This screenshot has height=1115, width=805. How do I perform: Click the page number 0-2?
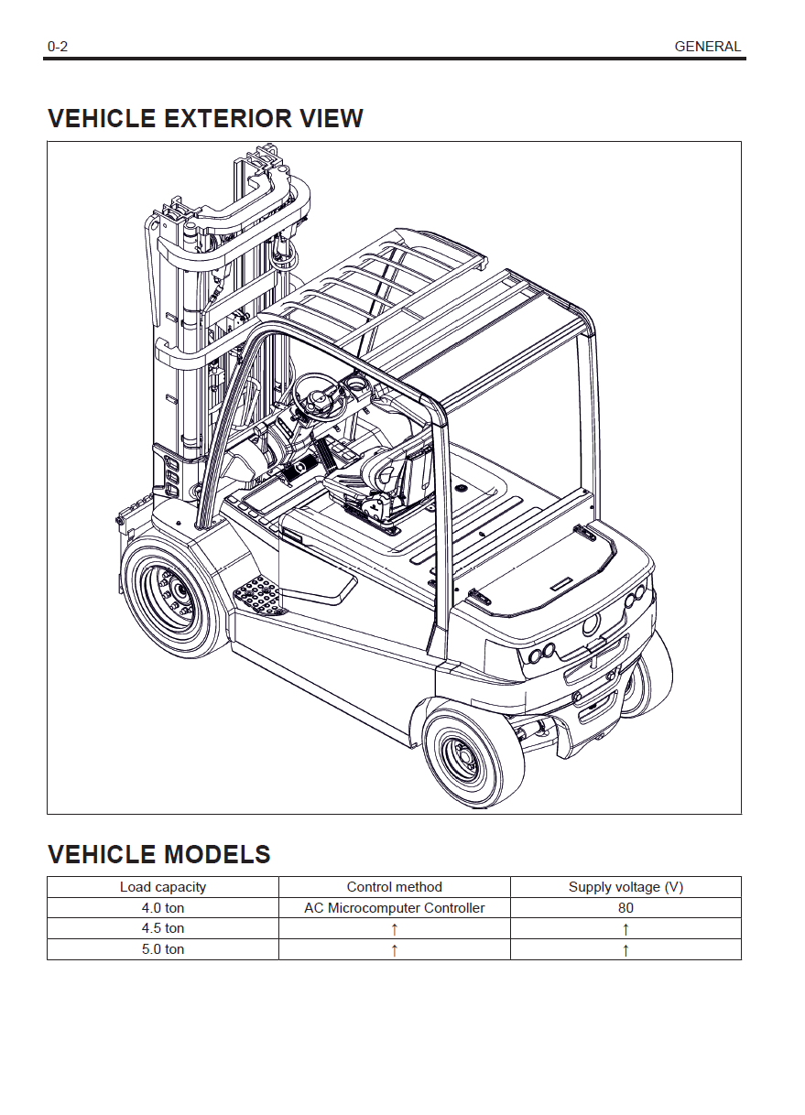coord(58,47)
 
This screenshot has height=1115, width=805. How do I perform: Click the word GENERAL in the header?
coord(707,47)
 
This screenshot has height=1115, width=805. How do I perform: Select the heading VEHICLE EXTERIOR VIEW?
coord(205,119)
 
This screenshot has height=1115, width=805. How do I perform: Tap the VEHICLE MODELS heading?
coord(158,855)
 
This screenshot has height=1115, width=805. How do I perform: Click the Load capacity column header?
coord(163,887)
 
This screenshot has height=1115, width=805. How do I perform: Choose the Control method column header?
coord(394,887)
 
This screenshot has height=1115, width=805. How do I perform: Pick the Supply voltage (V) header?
coord(626,887)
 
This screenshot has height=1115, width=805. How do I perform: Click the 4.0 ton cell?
coord(163,908)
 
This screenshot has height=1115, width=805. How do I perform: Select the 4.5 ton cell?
coord(163,928)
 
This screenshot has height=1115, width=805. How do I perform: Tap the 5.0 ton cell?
coord(163,949)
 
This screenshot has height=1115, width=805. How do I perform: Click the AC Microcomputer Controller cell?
coord(394,908)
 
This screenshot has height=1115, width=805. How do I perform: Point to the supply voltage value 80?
coord(626,908)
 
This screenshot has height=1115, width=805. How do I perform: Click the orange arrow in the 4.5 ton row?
coord(394,928)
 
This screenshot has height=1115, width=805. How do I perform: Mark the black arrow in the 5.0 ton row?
coord(626,949)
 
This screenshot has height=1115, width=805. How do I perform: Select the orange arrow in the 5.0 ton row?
coord(394,949)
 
